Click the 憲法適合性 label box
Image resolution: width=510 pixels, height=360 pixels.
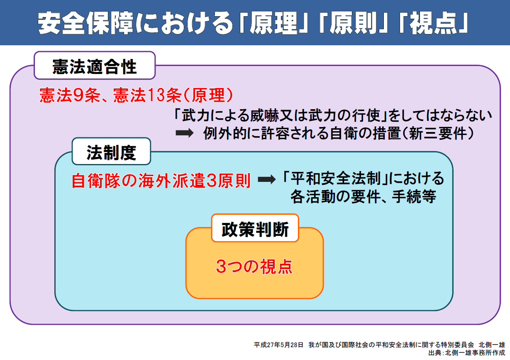pos(95,65)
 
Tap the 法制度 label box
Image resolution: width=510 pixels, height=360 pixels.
pos(111,151)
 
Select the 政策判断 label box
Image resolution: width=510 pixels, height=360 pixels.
pos(255,228)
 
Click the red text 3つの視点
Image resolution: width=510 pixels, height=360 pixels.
pos(254,266)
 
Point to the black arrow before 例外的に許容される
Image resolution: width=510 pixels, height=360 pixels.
pos(185,133)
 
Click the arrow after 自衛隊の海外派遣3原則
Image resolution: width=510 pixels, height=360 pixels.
pos(267,179)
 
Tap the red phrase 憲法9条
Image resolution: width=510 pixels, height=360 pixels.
pos(70,95)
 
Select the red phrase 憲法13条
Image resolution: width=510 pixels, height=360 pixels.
pos(147,95)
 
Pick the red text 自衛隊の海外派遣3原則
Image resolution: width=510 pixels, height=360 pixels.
pos(161,181)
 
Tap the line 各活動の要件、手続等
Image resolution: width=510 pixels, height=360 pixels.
pos(364,196)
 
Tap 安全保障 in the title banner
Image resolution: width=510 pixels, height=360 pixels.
pos(85,23)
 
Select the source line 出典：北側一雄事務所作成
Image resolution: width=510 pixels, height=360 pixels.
pos(467,353)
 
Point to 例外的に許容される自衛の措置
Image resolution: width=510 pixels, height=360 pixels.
pos(302,133)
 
